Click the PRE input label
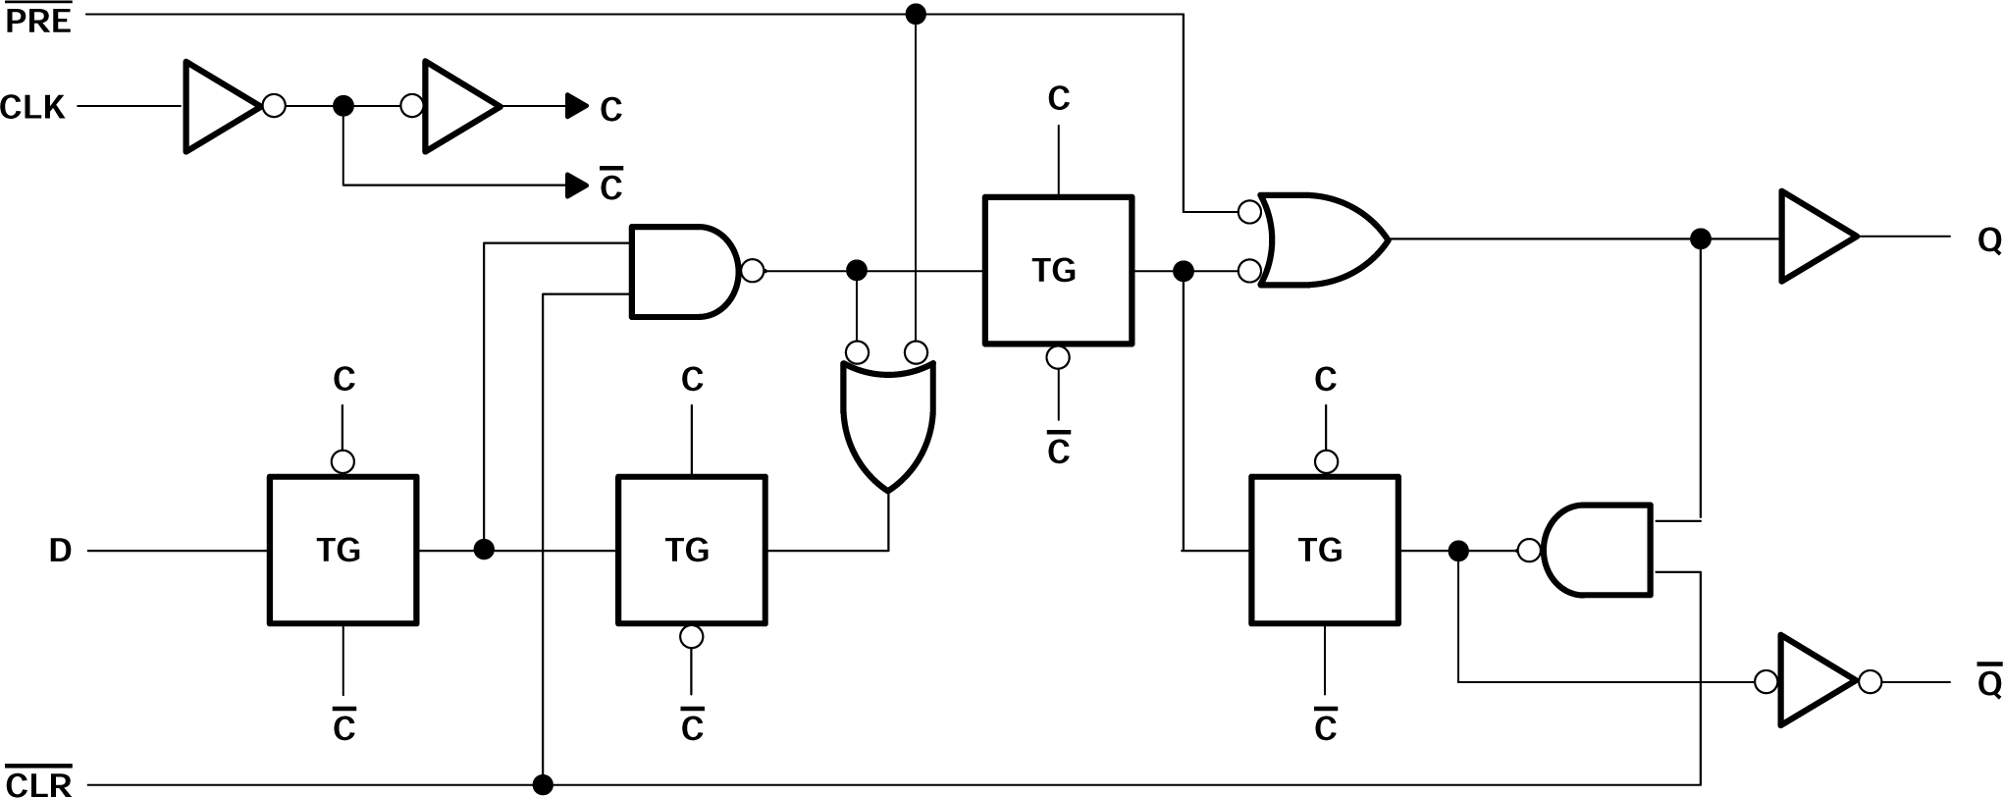point(38,20)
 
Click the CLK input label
point(33,107)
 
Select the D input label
point(60,552)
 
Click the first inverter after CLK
point(222,106)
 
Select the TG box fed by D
point(343,550)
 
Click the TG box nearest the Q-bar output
point(1324,550)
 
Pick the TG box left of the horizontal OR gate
point(1058,270)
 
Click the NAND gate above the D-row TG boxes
point(685,271)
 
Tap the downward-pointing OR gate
point(888,422)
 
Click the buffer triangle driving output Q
point(1816,237)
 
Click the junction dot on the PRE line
point(915,14)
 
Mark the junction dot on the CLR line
point(543,784)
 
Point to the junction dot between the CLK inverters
point(343,106)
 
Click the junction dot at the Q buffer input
point(1701,239)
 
